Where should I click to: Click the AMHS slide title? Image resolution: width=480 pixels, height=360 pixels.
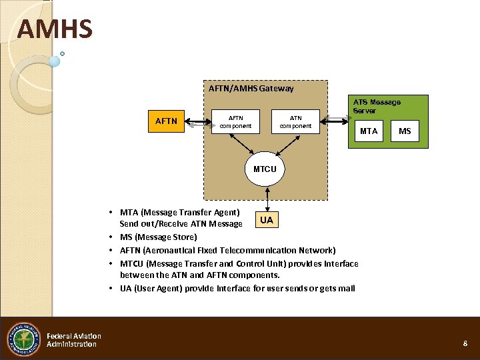55,29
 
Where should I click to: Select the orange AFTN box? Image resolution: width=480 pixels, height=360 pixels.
166,121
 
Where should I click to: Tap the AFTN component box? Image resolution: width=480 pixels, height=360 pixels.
235,122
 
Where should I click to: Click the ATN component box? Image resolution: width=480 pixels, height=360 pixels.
296,122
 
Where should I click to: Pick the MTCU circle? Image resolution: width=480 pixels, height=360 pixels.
265,169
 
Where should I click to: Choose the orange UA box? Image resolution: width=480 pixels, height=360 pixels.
266,220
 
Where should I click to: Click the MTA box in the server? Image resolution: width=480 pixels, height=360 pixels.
369,131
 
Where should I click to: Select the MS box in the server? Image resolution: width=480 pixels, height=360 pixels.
405,131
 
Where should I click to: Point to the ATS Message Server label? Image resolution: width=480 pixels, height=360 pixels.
377,106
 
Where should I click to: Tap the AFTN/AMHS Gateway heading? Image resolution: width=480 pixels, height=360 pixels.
251,88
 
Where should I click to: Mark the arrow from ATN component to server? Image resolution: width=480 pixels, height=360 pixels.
337,120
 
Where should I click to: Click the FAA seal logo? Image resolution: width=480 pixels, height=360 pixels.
23,339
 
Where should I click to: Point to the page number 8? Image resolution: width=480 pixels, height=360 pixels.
465,343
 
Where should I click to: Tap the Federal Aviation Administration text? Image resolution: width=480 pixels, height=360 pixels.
73,340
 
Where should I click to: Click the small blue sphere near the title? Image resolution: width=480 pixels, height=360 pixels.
54,61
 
